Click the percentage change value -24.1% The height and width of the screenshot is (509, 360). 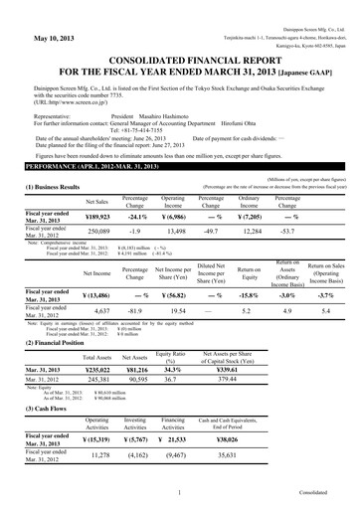point(136,215)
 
